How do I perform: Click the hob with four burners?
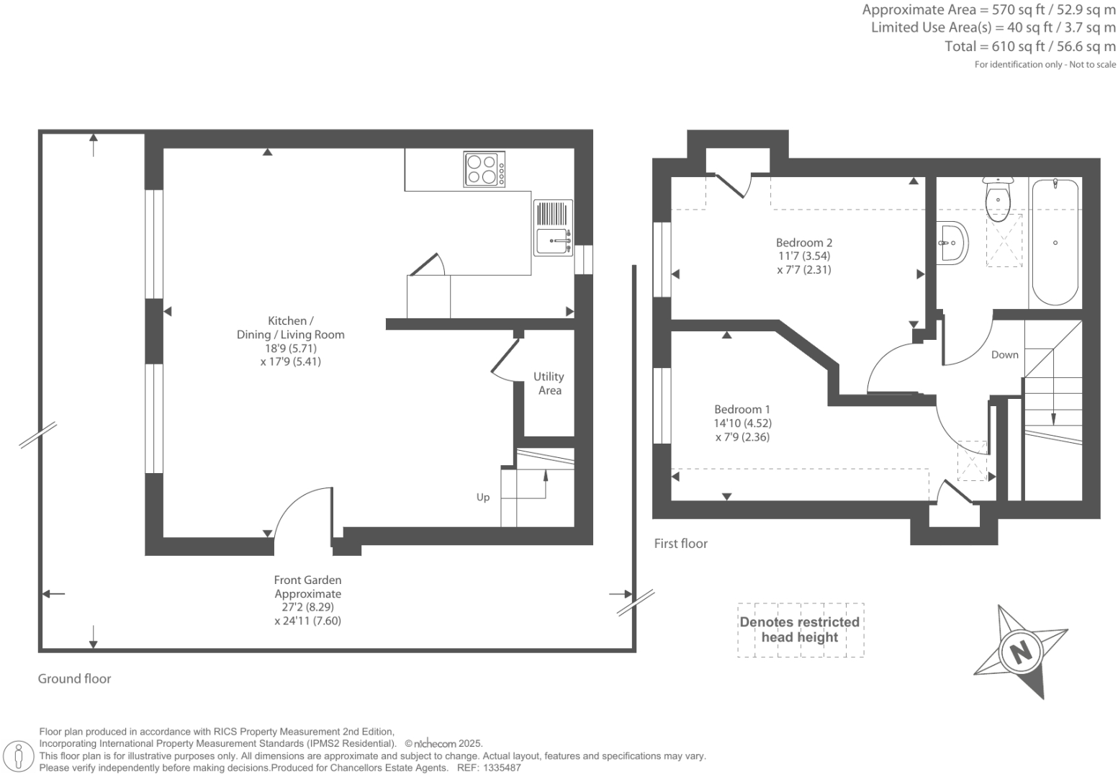(484, 169)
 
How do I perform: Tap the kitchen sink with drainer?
(553, 228)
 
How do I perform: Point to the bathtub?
(1055, 243)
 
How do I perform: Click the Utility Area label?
(549, 383)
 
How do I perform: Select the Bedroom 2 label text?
(803, 243)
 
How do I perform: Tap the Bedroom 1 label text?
(741, 409)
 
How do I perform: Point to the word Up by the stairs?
(482, 497)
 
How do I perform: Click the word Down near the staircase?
(1004, 354)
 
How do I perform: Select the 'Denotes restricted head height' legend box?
(800, 630)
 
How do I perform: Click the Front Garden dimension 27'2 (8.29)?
(307, 607)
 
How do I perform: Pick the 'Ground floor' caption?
(74, 678)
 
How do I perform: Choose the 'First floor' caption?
(680, 544)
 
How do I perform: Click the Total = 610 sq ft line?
(1029, 47)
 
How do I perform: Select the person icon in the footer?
(19, 757)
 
